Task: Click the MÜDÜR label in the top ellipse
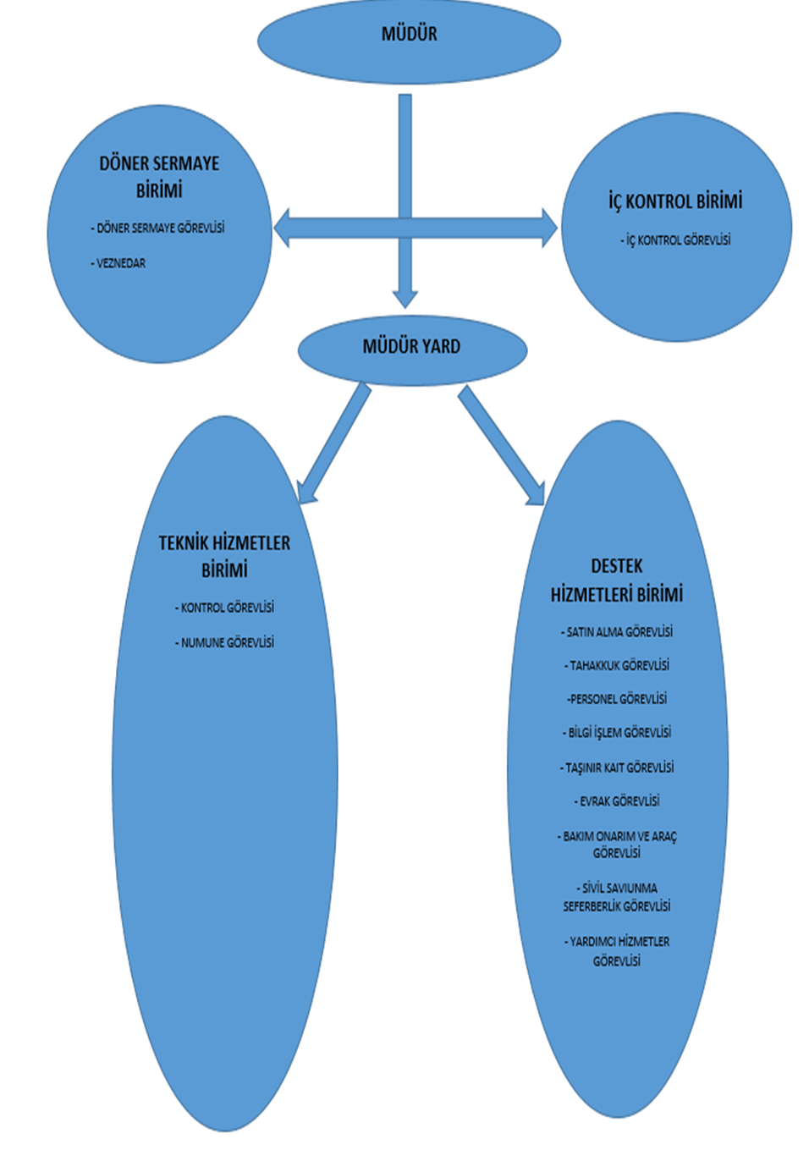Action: click(x=409, y=34)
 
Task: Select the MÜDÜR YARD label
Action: click(x=411, y=346)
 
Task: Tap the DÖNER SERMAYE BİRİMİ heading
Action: click(x=159, y=176)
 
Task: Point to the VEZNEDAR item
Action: click(x=119, y=263)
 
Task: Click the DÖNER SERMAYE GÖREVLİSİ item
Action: click(x=158, y=228)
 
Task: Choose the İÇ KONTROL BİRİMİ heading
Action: click(x=675, y=201)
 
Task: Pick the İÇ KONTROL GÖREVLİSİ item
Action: click(x=675, y=240)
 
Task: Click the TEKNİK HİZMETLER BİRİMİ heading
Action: click(x=224, y=556)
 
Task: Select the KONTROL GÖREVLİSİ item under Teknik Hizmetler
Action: click(x=225, y=608)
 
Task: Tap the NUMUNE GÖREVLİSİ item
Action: click(x=225, y=642)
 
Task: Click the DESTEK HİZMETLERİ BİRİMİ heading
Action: click(x=617, y=580)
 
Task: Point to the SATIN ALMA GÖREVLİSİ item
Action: click(x=617, y=631)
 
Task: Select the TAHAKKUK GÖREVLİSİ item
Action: click(x=617, y=665)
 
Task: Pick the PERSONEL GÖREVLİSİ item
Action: click(x=617, y=699)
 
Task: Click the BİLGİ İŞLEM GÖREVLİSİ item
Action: click(x=617, y=732)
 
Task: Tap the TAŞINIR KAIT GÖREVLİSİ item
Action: click(x=617, y=768)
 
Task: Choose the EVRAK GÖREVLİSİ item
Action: click(x=617, y=801)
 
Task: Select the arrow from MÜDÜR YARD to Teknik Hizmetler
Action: click(x=334, y=444)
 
